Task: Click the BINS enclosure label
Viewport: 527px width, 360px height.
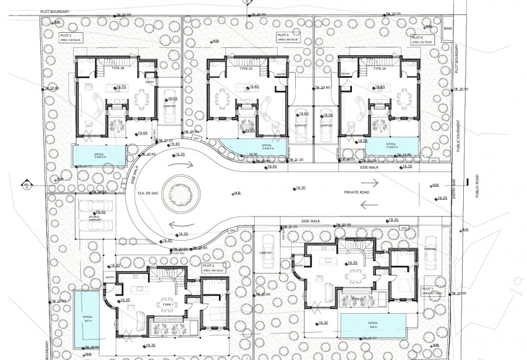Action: pos(448,28)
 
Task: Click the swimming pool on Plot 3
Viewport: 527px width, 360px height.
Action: pos(98,155)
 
